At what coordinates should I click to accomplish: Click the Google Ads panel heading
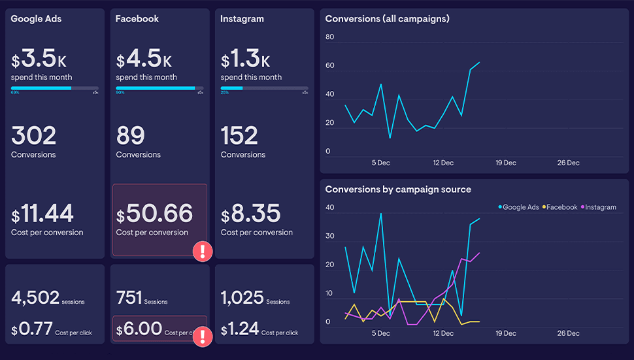36,19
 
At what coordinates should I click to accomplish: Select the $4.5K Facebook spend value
144,59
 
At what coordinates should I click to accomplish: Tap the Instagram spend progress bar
264,88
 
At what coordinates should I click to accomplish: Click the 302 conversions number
34,136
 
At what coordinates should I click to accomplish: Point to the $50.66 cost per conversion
154,214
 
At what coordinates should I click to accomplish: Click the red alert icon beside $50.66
203,251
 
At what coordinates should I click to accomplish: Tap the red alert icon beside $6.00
203,336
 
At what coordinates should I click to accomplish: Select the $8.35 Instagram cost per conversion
250,214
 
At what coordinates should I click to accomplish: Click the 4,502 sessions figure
35,298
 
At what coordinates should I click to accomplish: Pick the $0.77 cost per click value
32,329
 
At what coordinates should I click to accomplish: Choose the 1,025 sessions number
242,298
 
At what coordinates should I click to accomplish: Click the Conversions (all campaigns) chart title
387,19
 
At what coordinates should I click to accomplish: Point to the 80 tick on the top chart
329,37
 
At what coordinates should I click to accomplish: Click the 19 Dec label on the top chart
505,163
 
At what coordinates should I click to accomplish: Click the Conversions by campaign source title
398,189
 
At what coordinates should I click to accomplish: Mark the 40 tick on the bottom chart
329,208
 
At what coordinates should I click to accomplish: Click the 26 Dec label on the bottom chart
568,333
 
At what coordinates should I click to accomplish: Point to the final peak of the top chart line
479,63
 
